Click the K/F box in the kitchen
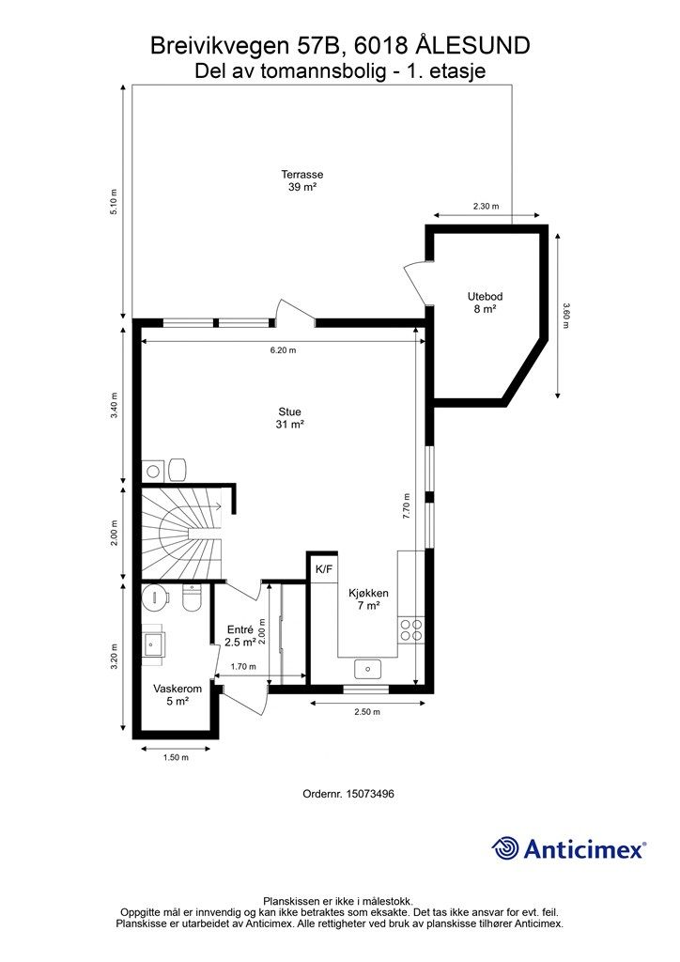[324, 569]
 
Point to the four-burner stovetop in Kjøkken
[411, 629]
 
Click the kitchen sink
[367, 669]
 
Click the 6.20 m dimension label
[284, 350]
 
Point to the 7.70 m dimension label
[406, 506]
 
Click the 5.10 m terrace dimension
[114, 202]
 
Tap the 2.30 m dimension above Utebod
[486, 206]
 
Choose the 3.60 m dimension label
[565, 316]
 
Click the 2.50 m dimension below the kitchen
[367, 712]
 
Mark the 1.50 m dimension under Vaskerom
[176, 757]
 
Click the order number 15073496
[370, 793]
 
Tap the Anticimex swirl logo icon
[505, 848]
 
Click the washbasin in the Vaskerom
[153, 644]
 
